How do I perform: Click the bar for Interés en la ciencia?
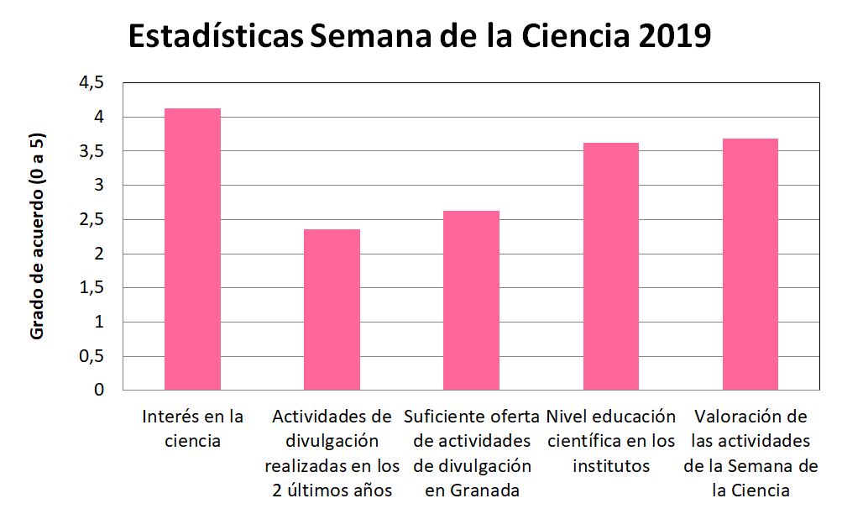(x=192, y=249)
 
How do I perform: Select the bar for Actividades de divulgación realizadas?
(x=332, y=310)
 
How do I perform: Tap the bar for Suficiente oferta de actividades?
(x=471, y=301)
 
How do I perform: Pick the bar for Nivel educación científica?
(x=610, y=266)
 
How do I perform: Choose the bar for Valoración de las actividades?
(x=750, y=265)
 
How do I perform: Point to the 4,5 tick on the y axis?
(x=92, y=82)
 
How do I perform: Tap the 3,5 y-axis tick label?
(x=92, y=151)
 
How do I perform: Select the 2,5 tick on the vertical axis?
(x=92, y=219)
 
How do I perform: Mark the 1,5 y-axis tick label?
(x=92, y=288)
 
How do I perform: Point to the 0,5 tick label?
(x=92, y=356)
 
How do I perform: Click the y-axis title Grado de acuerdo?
(x=37, y=236)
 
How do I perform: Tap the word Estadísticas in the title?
(x=216, y=38)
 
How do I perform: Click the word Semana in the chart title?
(x=363, y=38)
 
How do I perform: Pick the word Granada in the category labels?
(x=482, y=490)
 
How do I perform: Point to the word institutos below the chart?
(x=610, y=465)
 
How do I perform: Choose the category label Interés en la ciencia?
(x=192, y=427)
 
